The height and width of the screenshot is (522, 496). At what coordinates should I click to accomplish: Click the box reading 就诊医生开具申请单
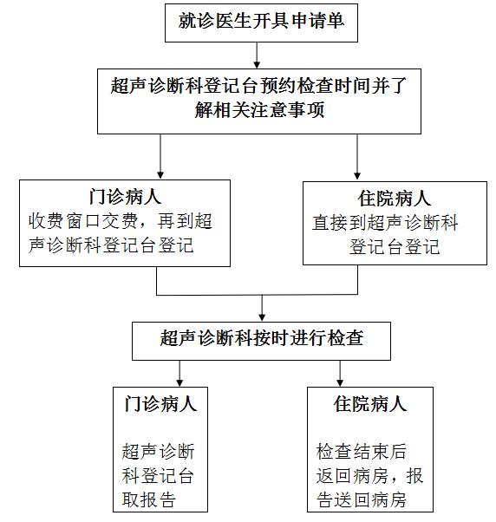[x=261, y=23]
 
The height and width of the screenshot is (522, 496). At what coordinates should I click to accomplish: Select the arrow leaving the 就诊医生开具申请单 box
[x=257, y=55]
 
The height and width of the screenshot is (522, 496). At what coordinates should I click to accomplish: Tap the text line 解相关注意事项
[x=259, y=110]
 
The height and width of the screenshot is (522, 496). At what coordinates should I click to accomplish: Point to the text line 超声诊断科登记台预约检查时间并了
[x=259, y=86]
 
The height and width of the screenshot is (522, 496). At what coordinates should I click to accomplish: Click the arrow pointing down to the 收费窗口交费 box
[x=160, y=156]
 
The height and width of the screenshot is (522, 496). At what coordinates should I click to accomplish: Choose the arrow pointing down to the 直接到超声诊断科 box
[x=357, y=157]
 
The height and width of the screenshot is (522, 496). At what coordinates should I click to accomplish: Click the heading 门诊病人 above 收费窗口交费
[x=125, y=197]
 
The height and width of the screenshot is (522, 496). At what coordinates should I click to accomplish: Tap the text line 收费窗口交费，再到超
[x=121, y=221]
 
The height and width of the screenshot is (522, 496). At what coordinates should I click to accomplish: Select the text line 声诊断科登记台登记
[x=111, y=245]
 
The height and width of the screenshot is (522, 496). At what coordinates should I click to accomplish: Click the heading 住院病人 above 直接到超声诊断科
[x=395, y=199]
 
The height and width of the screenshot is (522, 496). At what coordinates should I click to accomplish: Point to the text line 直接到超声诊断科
[x=385, y=222]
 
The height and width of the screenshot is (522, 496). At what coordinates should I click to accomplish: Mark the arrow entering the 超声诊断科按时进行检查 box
[x=262, y=308]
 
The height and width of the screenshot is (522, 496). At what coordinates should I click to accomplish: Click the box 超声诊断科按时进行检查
[x=261, y=341]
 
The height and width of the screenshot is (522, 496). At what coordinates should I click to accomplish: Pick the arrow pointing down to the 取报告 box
[x=179, y=374]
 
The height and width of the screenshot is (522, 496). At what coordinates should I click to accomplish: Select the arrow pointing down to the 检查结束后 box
[x=340, y=374]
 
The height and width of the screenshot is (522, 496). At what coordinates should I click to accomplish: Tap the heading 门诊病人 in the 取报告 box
[x=160, y=404]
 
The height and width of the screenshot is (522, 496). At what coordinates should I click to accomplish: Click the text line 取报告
[x=149, y=499]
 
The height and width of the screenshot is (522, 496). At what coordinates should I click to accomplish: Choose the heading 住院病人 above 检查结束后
[x=370, y=404]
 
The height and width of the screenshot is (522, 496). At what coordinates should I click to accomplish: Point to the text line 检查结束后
[x=362, y=452]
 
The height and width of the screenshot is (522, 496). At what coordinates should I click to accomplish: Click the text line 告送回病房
[x=362, y=499]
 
